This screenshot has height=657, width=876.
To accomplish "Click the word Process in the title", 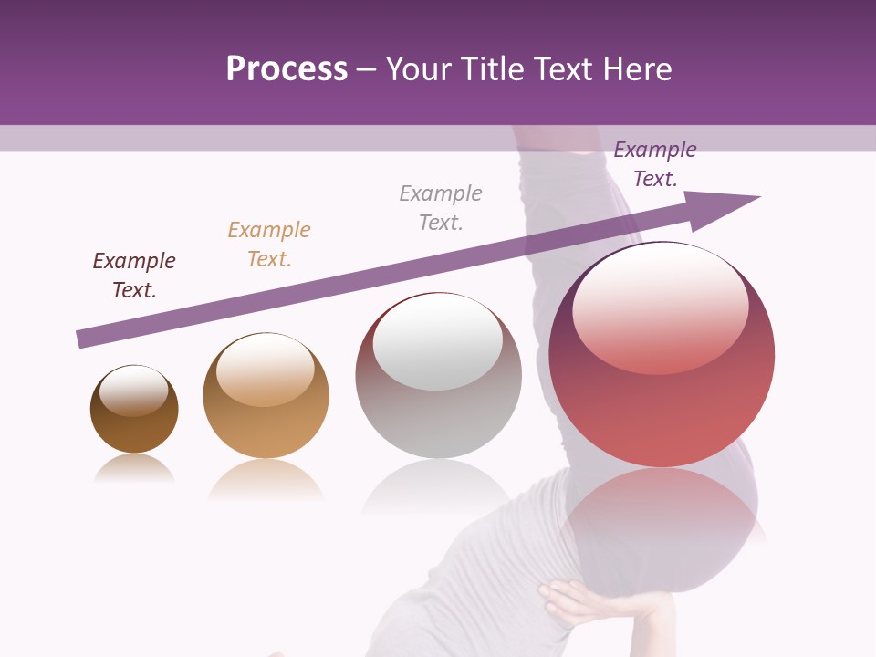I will [287, 69].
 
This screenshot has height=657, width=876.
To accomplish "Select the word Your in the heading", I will [418, 69].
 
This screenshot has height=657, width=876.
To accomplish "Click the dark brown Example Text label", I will [134, 276].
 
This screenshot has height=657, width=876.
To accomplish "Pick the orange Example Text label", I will [269, 245].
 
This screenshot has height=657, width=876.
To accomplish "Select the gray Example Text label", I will [441, 208].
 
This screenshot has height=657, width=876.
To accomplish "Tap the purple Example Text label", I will [655, 164].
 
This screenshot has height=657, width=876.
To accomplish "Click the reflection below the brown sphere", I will [134, 469].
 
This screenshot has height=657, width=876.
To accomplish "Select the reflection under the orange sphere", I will [266, 480].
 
